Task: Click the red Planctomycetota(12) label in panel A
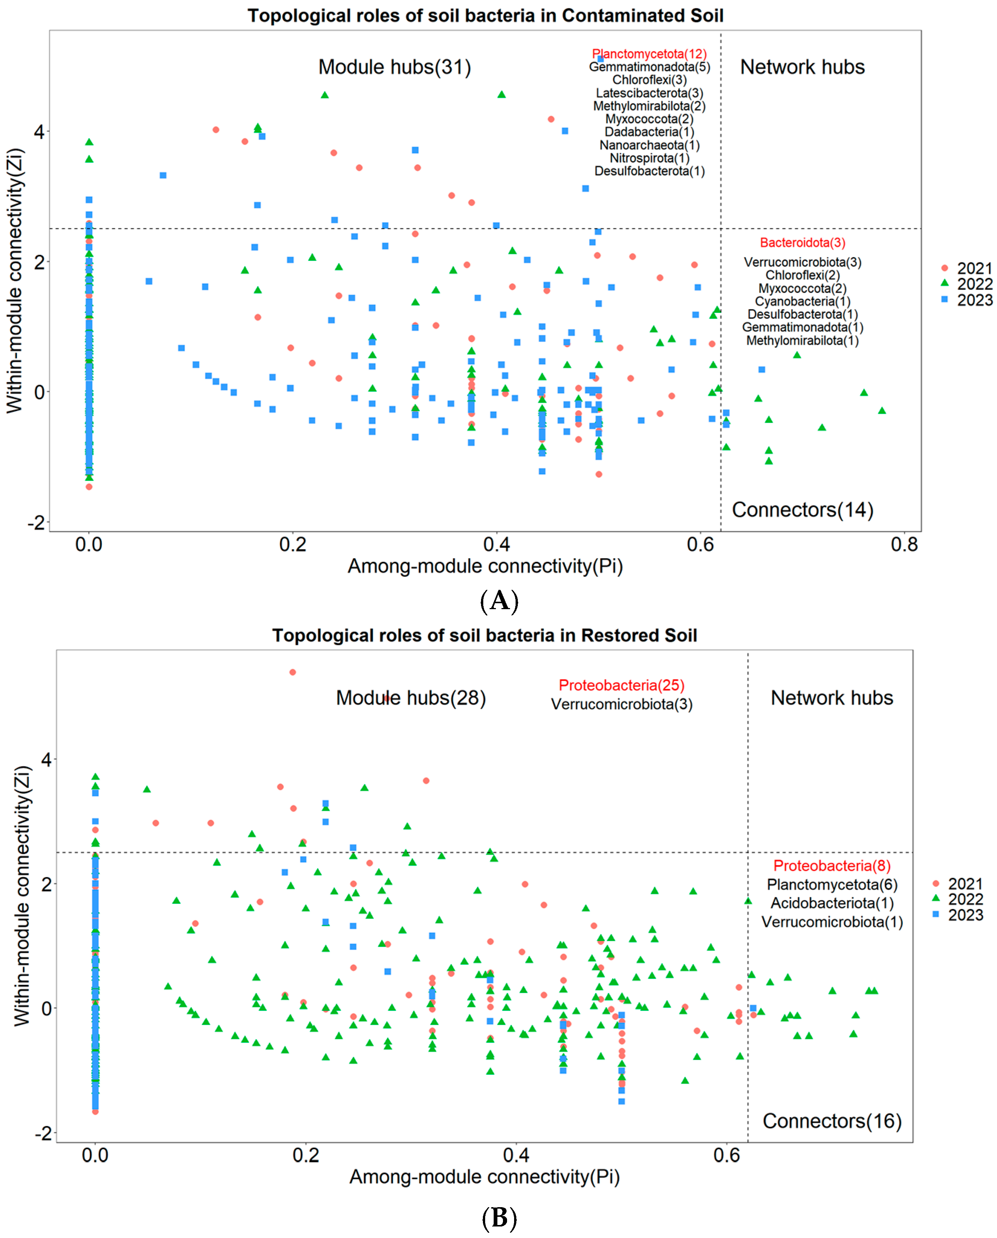pos(649,54)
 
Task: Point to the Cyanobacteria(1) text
pos(802,301)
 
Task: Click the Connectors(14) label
pos(802,510)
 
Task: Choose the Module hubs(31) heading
pos(394,67)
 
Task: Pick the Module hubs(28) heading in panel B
pos(410,698)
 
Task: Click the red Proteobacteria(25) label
pos(621,685)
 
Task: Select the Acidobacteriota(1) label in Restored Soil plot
pos(832,903)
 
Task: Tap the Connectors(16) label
pos(832,1121)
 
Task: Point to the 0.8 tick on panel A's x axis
pos(905,544)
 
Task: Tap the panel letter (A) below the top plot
pos(498,601)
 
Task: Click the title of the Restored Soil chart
pos(484,636)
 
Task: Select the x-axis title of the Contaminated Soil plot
pos(485,566)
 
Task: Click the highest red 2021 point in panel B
pos(292,672)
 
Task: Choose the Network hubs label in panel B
pos(832,698)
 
